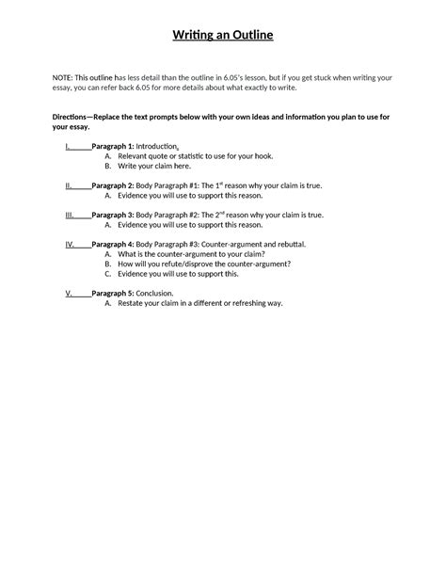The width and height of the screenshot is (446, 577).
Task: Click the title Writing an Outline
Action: click(x=222, y=36)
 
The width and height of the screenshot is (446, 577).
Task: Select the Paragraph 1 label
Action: click(x=112, y=148)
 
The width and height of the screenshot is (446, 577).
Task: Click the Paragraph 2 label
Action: click(x=112, y=186)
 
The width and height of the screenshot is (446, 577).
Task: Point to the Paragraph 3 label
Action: click(x=112, y=215)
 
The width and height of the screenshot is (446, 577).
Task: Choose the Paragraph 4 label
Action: click(x=112, y=244)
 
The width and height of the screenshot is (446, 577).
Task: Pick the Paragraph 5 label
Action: click(x=112, y=293)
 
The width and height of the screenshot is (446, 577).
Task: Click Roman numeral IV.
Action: click(x=70, y=244)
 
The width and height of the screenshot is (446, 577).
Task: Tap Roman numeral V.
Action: click(x=68, y=293)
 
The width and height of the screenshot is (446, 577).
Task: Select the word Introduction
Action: click(x=160, y=148)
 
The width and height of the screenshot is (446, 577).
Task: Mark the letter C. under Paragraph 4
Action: click(x=108, y=273)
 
